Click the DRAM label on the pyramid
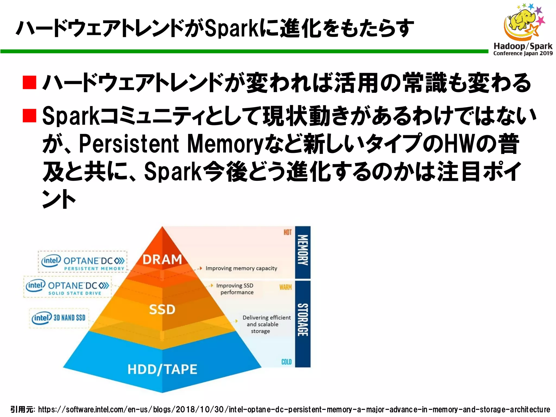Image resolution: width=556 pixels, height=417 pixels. tap(162, 260)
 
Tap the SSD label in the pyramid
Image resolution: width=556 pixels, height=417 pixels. tap(162, 309)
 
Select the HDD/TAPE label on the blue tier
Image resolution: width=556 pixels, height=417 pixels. tap(162, 369)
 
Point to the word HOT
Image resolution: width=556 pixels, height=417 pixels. tap(288, 232)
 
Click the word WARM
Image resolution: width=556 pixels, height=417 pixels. tap(286, 287)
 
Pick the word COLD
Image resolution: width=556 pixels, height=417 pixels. tap(286, 362)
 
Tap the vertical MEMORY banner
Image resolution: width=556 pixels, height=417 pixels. tap(303, 250)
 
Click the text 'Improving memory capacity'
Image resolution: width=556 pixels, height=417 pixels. tap(241, 268)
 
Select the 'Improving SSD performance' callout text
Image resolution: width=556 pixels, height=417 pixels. tap(235, 289)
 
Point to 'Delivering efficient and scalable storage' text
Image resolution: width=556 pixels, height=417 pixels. tap(266, 324)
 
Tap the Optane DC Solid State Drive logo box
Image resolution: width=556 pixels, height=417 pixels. tap(67, 287)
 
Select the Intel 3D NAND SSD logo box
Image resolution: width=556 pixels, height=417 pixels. tap(59, 318)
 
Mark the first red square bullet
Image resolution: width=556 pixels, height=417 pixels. tap(30, 83)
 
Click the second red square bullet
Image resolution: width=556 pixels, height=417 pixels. tap(30, 116)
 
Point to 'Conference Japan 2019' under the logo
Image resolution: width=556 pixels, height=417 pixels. tap(523, 53)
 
